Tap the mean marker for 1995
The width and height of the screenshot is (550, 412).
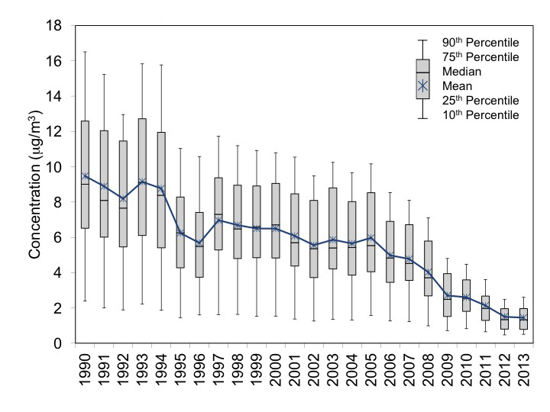click(180, 233)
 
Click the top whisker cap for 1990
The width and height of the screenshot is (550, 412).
click(85, 52)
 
